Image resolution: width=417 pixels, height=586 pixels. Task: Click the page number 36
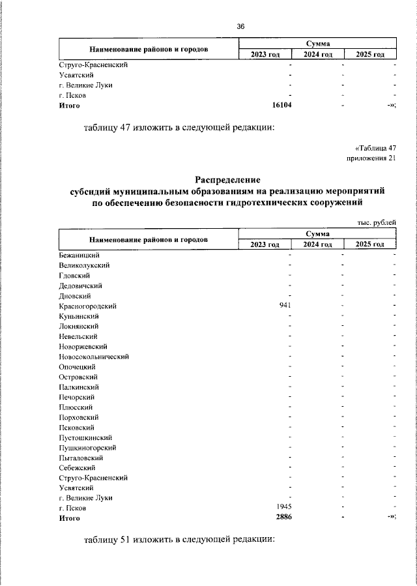pos(240,27)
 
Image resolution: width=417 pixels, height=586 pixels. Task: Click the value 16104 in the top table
pos(281,105)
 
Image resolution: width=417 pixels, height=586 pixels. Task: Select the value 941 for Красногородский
pos(285,306)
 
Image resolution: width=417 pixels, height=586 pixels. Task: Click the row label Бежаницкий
pos(78,256)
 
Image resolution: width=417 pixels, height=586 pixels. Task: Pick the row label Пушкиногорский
pos(87,447)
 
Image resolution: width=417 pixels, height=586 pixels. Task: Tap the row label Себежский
pos(77,467)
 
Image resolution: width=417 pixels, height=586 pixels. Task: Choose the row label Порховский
pos(78,417)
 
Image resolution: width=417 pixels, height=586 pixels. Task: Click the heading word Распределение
pos(227,179)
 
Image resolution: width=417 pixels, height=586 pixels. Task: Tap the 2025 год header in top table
pos(370,54)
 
